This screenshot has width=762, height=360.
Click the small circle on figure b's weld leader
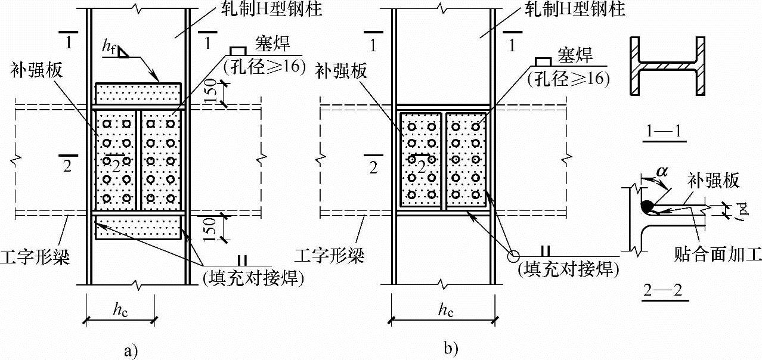(x=513, y=256)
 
